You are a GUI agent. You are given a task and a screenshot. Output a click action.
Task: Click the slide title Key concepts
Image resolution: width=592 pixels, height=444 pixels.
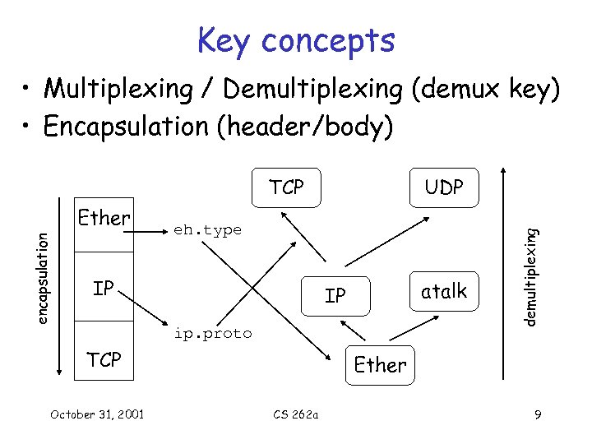(x=296, y=39)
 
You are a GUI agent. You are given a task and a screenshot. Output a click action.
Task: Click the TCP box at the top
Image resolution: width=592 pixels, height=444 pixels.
(x=286, y=188)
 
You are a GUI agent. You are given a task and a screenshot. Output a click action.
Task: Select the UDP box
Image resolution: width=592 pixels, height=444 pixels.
(x=444, y=188)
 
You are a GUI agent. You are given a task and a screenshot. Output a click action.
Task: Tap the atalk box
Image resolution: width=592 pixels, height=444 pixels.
(x=444, y=290)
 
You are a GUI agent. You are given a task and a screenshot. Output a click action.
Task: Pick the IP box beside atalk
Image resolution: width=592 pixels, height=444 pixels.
(x=335, y=295)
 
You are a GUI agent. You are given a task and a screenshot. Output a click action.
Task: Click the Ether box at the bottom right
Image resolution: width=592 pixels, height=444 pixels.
(x=380, y=363)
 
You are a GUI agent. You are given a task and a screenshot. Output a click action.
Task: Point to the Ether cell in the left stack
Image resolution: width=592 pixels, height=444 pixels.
(x=104, y=218)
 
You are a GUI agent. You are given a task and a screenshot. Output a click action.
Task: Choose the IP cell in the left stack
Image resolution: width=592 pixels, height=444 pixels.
(x=104, y=289)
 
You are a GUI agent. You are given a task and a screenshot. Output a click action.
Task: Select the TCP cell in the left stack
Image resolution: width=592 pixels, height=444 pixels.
(x=104, y=359)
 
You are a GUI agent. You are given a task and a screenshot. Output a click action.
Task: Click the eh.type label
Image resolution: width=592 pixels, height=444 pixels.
(x=207, y=231)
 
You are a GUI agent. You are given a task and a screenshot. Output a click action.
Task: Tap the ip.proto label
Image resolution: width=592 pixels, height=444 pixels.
(x=212, y=334)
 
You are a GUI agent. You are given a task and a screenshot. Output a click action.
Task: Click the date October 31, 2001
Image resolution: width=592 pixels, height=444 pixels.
(x=96, y=414)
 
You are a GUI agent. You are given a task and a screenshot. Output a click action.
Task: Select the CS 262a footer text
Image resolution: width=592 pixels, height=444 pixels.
(x=298, y=414)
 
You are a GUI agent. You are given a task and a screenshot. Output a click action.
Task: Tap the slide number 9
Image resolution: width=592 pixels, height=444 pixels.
(x=537, y=414)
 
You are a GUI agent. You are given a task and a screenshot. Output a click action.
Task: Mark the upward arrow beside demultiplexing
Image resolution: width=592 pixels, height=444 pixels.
(x=504, y=271)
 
